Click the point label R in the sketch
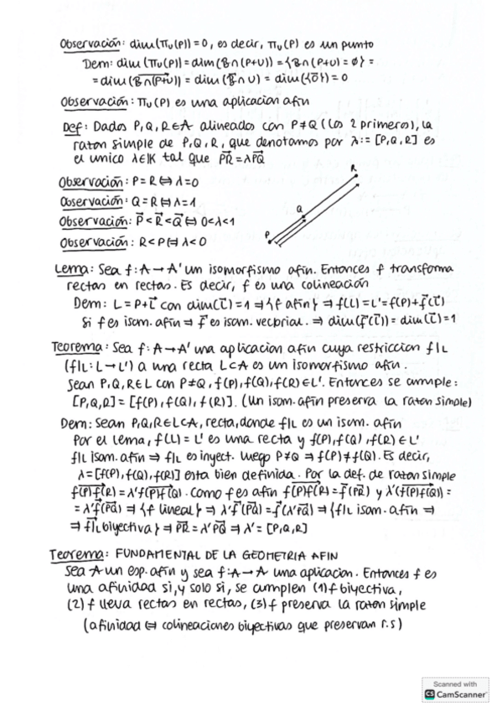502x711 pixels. (354, 168)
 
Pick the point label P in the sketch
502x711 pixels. (267, 235)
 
